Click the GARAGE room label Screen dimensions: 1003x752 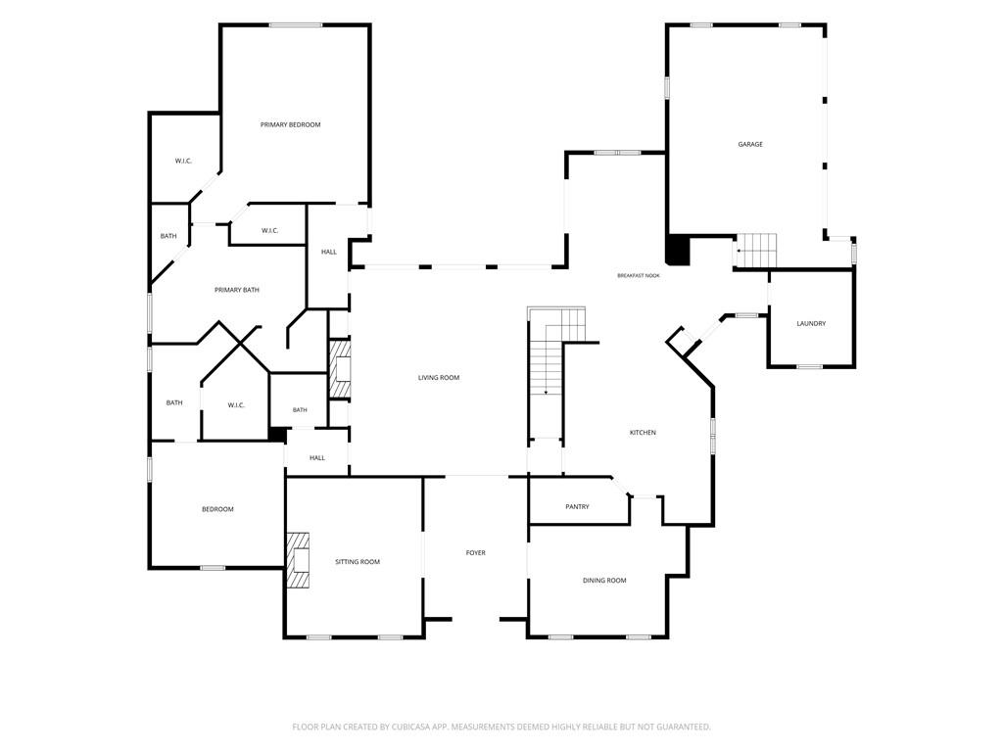click(750, 145)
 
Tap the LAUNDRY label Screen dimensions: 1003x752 click(811, 323)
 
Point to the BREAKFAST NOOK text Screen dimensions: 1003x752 click(639, 275)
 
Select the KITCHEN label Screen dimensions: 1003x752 click(643, 433)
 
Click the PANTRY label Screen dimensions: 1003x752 click(577, 506)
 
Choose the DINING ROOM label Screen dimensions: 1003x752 click(604, 581)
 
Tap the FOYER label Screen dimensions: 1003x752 click(475, 552)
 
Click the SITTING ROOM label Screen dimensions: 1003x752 click(358, 561)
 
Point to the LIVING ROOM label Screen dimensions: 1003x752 click(439, 377)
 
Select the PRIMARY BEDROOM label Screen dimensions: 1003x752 click(290, 124)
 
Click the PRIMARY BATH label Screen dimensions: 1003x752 click(237, 290)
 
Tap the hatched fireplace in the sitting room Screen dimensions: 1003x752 click(298, 559)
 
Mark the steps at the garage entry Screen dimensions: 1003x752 click(756, 250)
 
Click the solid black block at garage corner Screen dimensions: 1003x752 click(678, 250)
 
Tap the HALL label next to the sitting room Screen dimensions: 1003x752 click(317, 458)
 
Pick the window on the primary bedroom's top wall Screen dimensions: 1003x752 click(296, 24)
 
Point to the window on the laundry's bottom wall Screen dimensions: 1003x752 click(809, 367)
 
